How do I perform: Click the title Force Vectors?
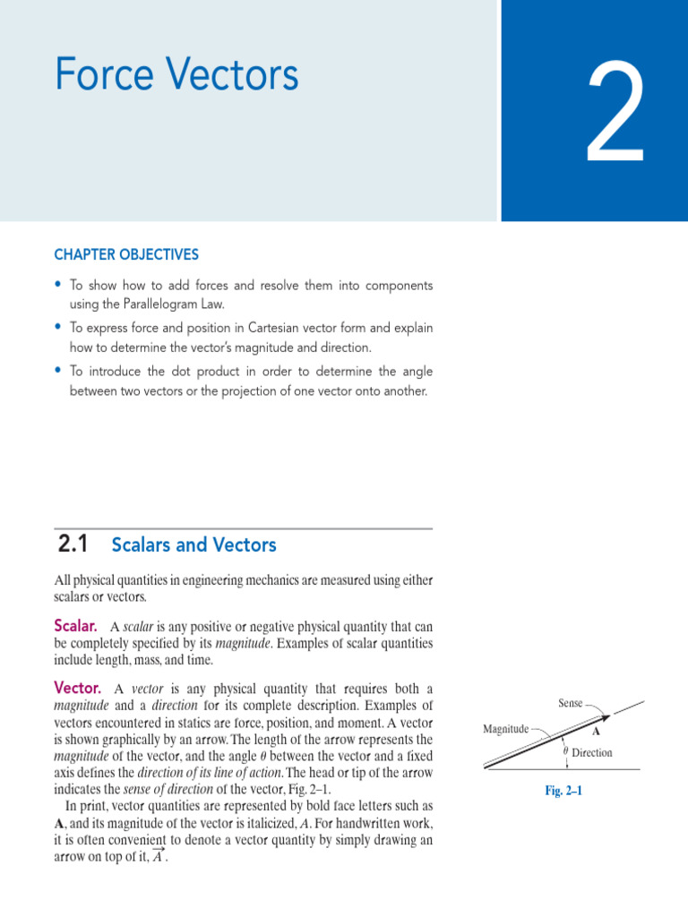(176, 75)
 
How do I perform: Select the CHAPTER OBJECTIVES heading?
(126, 255)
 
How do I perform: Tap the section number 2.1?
(73, 544)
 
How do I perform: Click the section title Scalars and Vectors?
(193, 544)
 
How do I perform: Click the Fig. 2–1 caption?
(563, 791)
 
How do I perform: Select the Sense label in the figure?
(571, 704)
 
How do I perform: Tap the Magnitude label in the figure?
(505, 729)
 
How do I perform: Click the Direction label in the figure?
(591, 753)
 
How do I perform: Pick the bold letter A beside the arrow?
(596, 731)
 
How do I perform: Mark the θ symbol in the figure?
(565, 751)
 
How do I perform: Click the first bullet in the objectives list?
(58, 285)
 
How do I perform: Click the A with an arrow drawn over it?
(158, 855)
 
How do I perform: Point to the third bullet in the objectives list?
(58, 370)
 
